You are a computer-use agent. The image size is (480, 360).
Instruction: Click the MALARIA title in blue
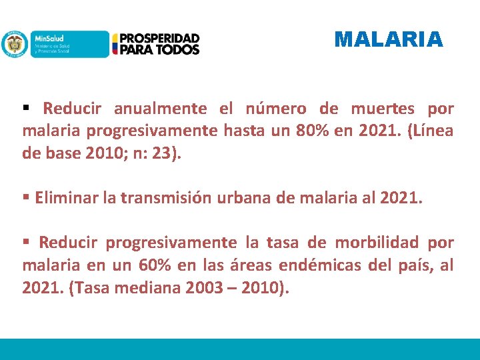(389, 39)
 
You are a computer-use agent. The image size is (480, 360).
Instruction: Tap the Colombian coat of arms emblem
(13, 44)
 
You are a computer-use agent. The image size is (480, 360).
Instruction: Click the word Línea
(428, 131)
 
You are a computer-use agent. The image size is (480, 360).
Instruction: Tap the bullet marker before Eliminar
(25, 197)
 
